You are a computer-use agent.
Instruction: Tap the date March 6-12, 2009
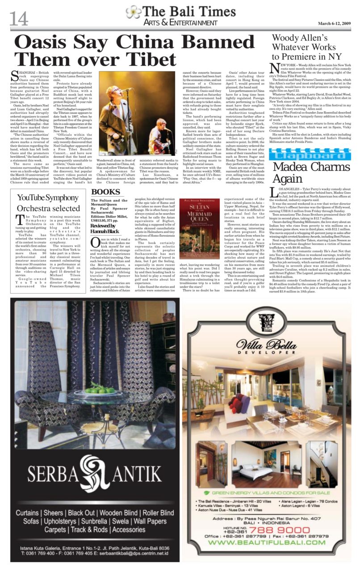pyautogui.click(x=335, y=23)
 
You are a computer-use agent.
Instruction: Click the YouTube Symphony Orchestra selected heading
pyautogui.click(x=48, y=202)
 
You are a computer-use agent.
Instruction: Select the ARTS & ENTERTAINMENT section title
pyautogui.click(x=180, y=23)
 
